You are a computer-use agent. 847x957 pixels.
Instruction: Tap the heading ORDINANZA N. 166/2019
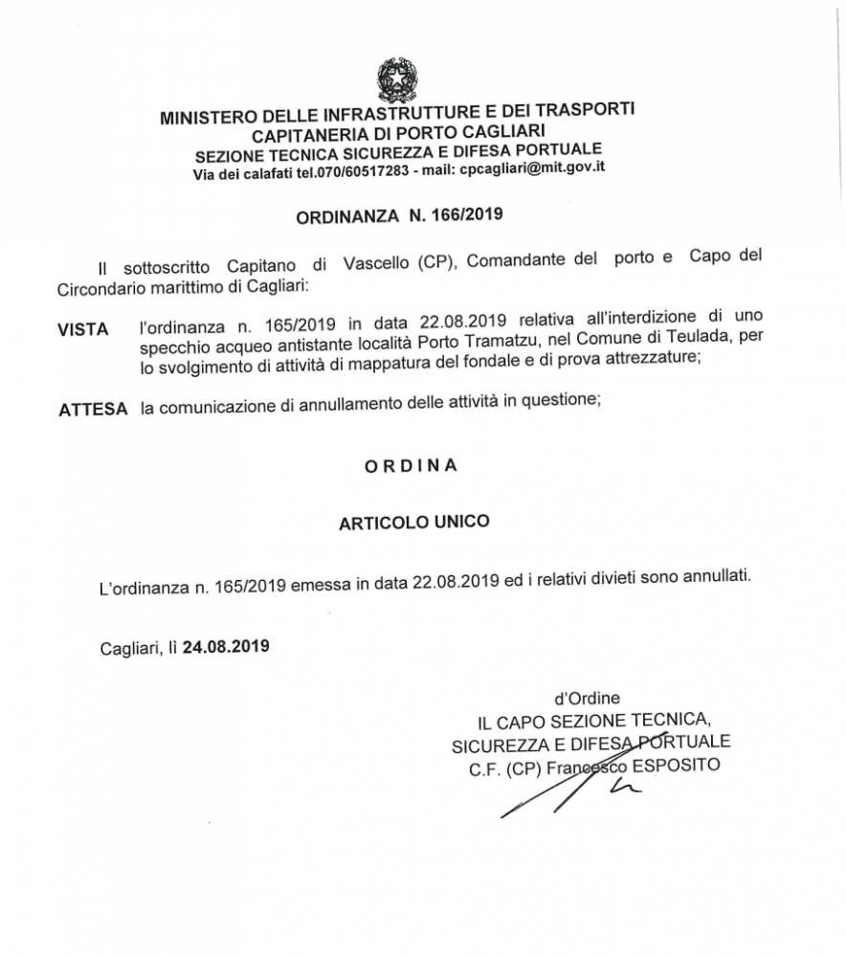(397, 215)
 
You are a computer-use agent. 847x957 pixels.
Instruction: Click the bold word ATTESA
(93, 409)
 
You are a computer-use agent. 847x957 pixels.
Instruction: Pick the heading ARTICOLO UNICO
(413, 522)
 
